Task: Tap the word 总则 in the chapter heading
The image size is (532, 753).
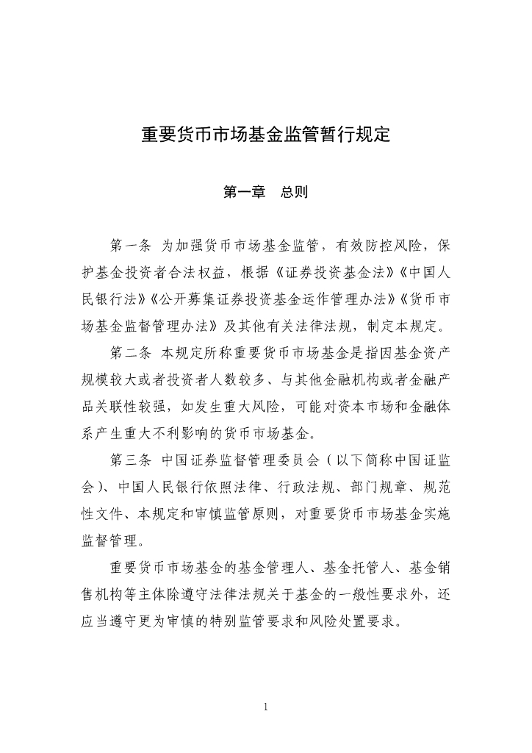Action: (x=294, y=193)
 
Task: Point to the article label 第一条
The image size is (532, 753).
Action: (x=130, y=244)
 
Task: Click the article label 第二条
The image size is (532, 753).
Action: (x=130, y=352)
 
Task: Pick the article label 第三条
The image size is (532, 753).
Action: (x=130, y=461)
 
